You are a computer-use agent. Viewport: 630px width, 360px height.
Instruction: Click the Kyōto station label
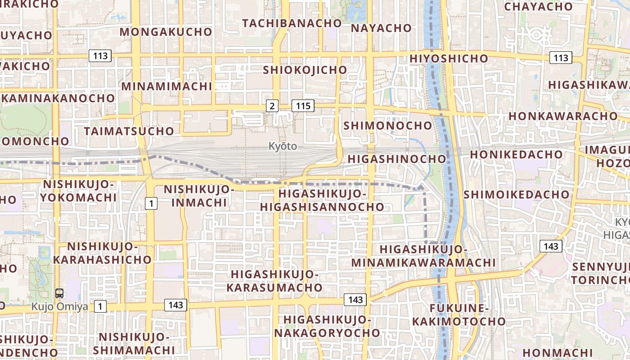283,146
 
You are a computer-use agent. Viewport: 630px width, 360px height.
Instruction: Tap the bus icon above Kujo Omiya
59,294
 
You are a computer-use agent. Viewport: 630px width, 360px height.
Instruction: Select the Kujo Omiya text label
59,307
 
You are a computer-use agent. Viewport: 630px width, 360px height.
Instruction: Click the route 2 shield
272,106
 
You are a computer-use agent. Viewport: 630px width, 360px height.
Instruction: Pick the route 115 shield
303,106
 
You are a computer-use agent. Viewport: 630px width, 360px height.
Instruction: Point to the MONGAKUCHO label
166,32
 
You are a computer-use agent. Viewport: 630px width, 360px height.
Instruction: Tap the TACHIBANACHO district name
292,23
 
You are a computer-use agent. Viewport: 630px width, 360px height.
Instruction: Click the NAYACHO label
381,28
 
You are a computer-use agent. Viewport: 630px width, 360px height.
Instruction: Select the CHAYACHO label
538,7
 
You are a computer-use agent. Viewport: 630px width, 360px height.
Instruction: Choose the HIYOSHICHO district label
449,58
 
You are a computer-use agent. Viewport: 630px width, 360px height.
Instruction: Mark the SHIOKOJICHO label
305,70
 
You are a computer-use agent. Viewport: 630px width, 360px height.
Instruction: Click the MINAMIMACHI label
166,86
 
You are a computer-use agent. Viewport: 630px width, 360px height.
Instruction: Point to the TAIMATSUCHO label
129,131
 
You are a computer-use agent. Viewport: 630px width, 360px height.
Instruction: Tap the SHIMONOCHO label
388,126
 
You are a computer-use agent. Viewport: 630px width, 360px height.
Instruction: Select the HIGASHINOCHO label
397,159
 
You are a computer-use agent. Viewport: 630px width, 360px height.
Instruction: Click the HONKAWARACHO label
563,116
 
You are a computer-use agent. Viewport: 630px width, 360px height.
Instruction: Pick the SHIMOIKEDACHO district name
517,194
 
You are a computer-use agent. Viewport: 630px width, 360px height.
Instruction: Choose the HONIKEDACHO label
517,154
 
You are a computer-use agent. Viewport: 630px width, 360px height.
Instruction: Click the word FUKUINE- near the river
459,308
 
